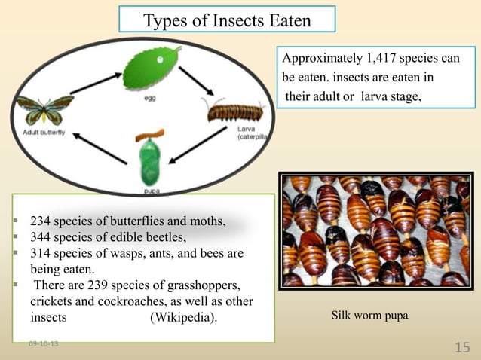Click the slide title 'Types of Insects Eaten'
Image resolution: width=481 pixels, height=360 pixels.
pos(227,20)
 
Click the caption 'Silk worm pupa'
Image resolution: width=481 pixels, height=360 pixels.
pos(369,316)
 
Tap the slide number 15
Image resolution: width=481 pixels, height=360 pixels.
pos(462,346)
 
